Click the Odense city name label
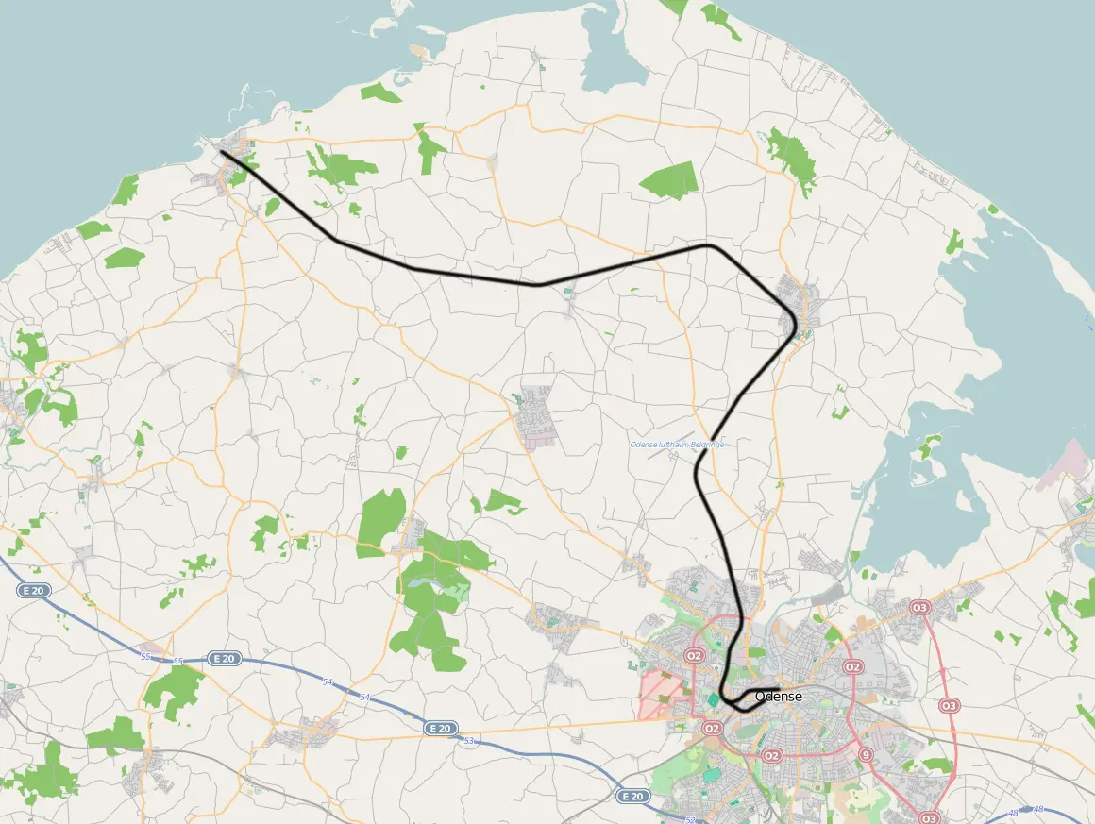[779, 697]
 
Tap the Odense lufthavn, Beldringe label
[676, 445]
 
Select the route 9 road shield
[866, 754]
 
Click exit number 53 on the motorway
[468, 741]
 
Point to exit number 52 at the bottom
[690, 820]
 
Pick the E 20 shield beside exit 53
[440, 728]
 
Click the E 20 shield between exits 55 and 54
[223, 658]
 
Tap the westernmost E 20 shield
[32, 590]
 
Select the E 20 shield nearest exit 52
[633, 797]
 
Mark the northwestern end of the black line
[220, 151]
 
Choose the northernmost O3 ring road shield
[920, 607]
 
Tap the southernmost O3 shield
[929, 817]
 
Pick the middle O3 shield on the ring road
[949, 706]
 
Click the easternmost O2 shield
[853, 667]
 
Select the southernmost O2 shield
[771, 755]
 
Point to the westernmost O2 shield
[695, 655]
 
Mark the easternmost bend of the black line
[798, 327]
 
